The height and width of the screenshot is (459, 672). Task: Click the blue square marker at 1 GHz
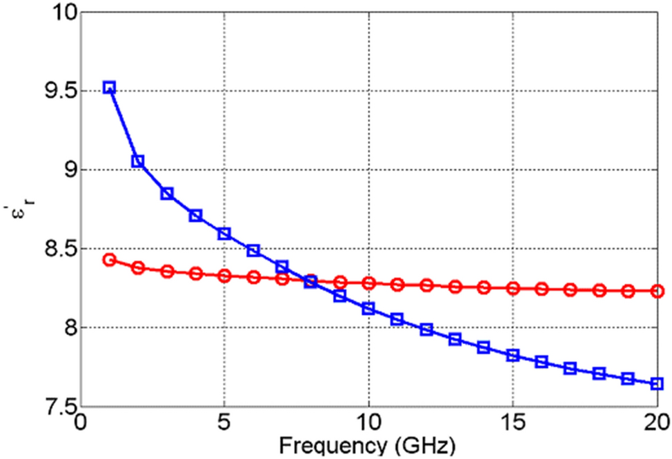(109, 88)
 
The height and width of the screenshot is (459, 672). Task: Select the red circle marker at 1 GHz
(109, 260)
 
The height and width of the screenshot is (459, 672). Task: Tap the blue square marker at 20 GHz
(657, 383)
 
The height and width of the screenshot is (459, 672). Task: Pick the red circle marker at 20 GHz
(657, 292)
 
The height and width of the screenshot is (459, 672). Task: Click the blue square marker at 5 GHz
(224, 234)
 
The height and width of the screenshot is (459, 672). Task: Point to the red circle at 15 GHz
(513, 288)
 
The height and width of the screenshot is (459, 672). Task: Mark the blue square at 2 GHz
(138, 161)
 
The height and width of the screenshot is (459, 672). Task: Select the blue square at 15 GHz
(513, 356)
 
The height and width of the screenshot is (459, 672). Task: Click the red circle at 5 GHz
(224, 276)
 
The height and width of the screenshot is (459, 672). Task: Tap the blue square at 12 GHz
(426, 329)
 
